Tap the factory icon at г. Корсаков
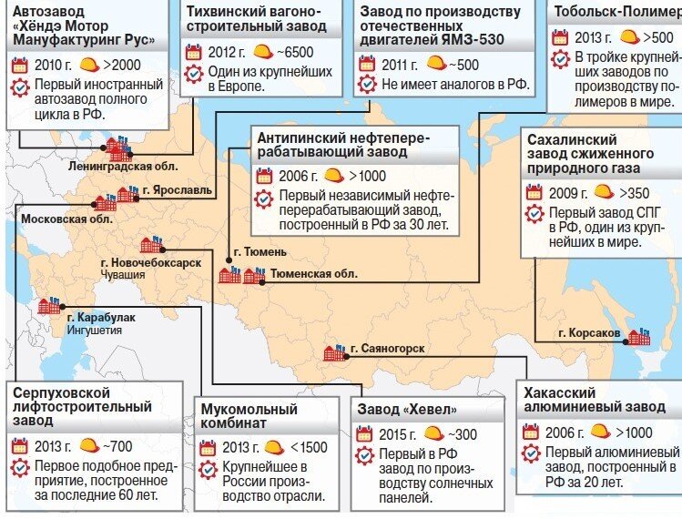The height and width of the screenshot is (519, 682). (639, 336)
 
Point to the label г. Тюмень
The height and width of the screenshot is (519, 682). (260, 252)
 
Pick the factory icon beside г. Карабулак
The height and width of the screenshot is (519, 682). (48, 307)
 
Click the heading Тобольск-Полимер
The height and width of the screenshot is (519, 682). (615, 12)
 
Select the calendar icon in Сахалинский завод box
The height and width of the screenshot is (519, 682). (534, 192)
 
